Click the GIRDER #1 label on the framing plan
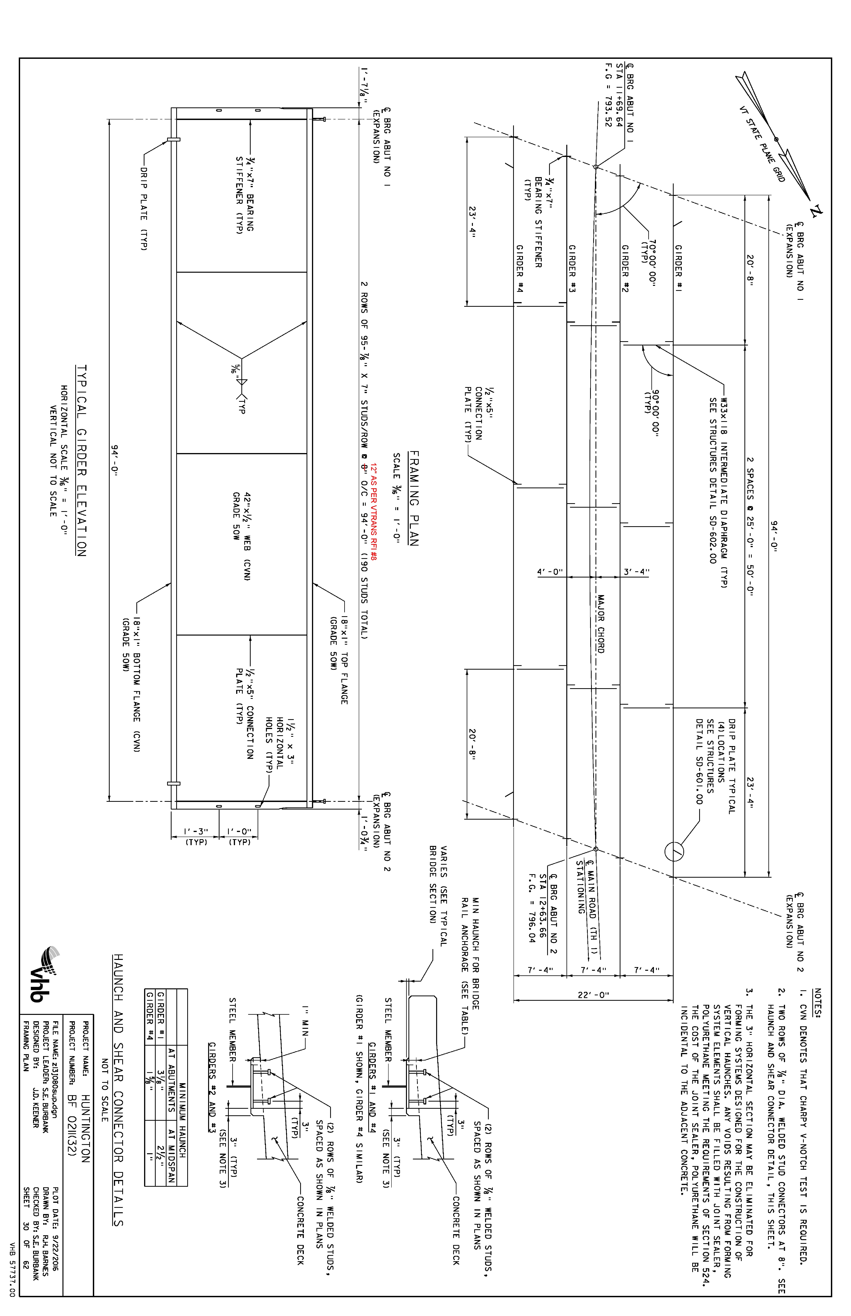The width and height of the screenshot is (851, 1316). click(678, 269)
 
